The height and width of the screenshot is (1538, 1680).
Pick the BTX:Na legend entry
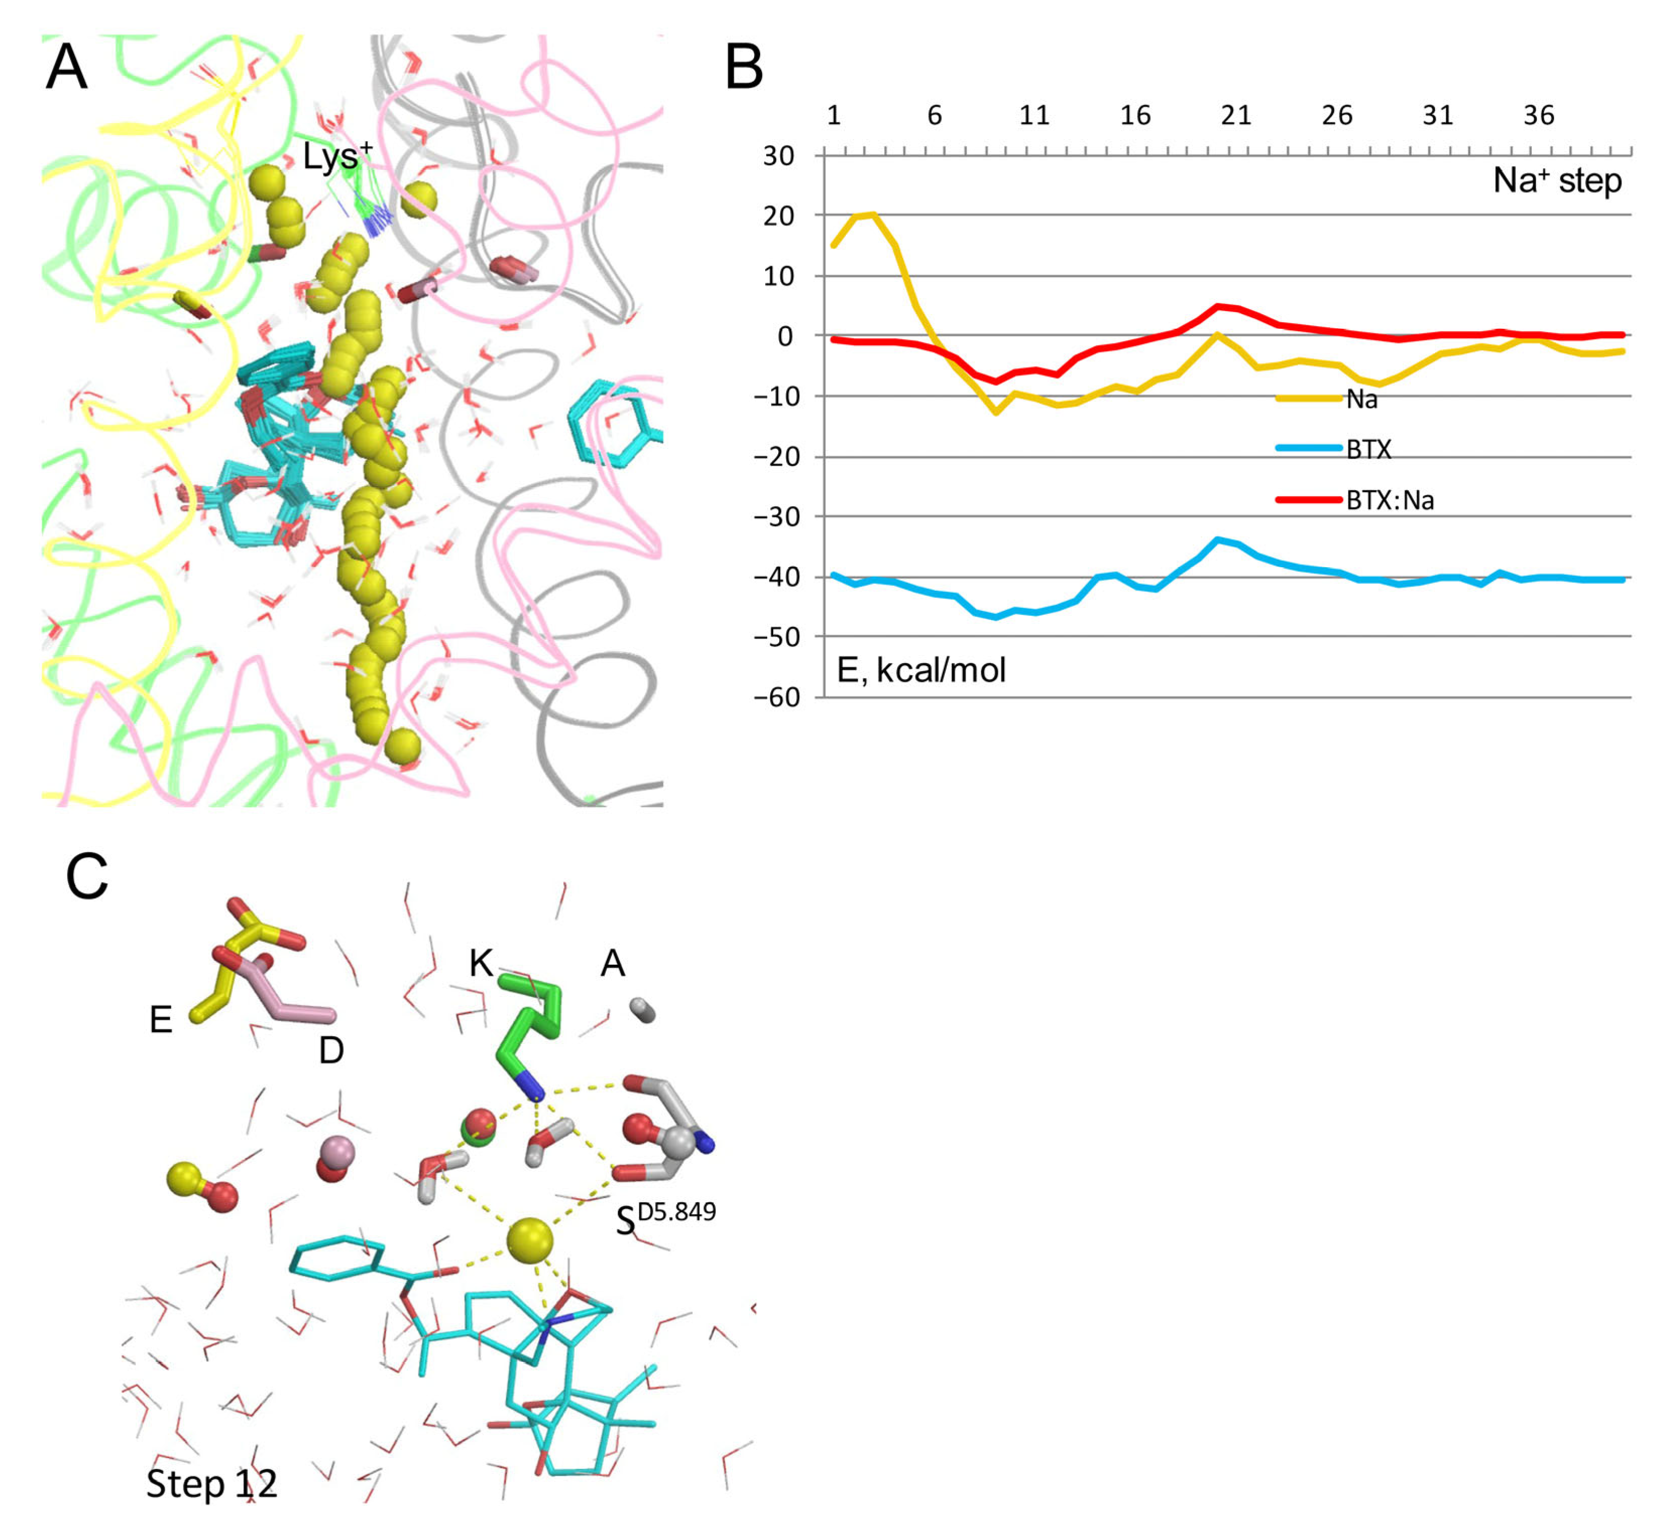[1389, 501]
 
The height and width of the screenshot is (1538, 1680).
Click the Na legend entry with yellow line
[1361, 399]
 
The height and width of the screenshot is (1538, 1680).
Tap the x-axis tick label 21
[1236, 115]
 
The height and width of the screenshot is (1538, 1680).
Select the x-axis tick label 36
[1538, 115]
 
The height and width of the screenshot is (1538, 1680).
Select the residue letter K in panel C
[481, 963]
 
